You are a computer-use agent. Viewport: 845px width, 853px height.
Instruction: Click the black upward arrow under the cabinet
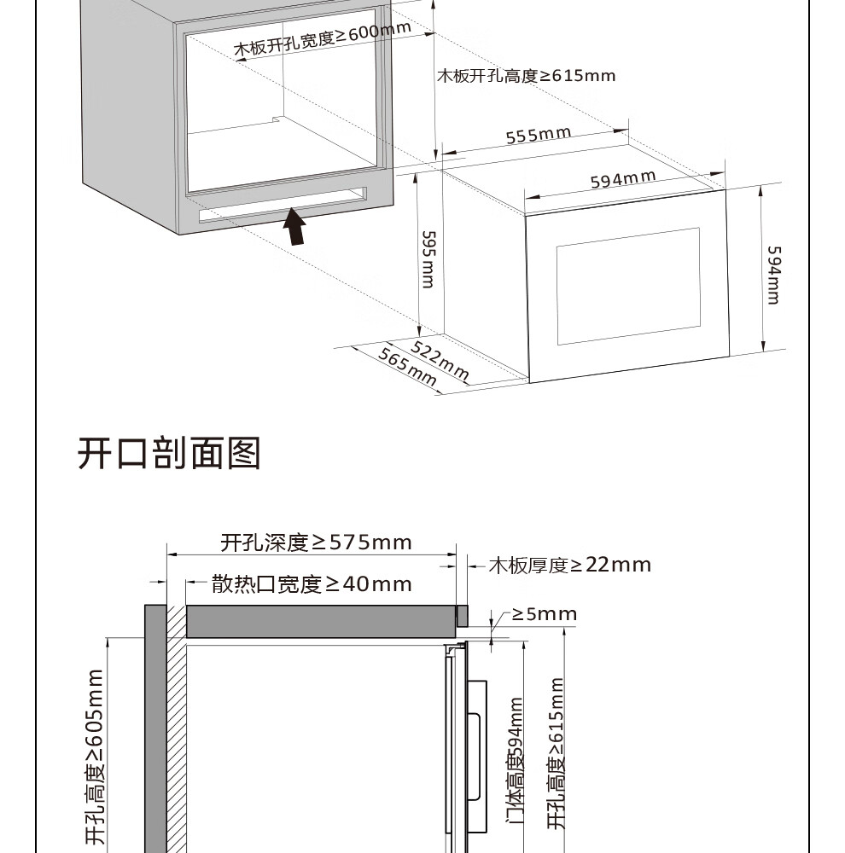(x=294, y=226)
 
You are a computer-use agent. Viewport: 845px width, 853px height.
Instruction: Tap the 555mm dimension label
(x=538, y=136)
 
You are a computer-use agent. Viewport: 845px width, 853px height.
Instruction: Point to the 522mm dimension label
(x=441, y=361)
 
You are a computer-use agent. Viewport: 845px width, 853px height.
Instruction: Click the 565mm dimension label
(x=406, y=369)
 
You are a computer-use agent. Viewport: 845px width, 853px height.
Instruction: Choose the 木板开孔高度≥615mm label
(x=526, y=75)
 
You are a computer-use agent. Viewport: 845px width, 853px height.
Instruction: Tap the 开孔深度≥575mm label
(x=316, y=542)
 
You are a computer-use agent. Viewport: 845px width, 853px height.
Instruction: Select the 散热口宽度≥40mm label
(x=312, y=584)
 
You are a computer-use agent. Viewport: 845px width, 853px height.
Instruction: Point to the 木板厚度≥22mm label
(x=569, y=565)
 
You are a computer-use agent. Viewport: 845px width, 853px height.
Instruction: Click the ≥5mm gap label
(x=545, y=614)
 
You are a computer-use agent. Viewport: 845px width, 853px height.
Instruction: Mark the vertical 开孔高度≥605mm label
(x=94, y=759)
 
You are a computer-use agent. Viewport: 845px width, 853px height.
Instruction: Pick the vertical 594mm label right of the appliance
(x=772, y=275)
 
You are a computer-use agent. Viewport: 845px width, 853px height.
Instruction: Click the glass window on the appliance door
(x=628, y=286)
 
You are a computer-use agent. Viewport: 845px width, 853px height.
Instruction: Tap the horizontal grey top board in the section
(x=320, y=621)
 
